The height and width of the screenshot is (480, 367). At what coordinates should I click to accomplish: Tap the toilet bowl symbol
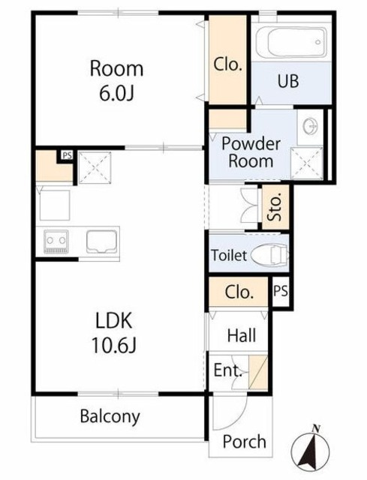coord(269,254)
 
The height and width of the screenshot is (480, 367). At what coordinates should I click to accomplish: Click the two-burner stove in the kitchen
coord(56,241)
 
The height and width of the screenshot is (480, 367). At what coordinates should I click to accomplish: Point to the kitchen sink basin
coord(102,241)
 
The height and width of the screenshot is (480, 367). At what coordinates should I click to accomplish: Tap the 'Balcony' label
coord(110,416)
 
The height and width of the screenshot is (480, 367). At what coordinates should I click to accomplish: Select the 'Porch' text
coord(244,442)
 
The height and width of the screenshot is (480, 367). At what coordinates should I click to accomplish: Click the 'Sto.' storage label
coord(275,207)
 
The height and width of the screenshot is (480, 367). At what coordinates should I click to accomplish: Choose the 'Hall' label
coord(242,335)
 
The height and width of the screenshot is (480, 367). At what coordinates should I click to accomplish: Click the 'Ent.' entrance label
coord(228,370)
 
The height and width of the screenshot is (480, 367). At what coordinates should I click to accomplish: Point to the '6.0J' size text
coord(117,93)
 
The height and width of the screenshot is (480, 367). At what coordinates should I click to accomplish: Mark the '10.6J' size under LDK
coord(113,345)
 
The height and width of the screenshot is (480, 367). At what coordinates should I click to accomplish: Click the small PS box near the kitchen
coord(67,155)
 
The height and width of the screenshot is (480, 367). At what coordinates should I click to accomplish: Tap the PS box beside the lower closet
coord(280,291)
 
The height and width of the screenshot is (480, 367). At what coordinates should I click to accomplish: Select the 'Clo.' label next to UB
coord(227,64)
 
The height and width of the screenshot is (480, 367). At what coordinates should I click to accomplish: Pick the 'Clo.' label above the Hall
coord(239,292)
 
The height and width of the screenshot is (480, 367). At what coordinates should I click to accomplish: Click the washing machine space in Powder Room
coord(306,163)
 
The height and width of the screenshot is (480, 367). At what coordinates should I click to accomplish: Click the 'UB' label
coord(288,81)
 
